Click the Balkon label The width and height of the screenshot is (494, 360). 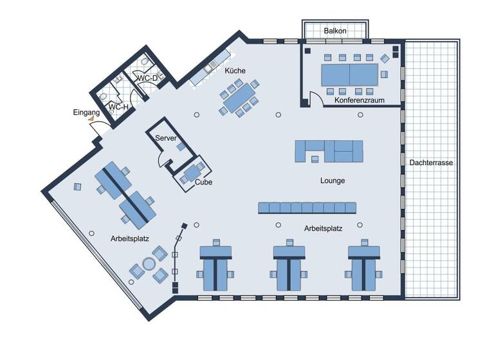click(335, 30)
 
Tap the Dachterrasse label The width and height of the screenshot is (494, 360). click(431, 163)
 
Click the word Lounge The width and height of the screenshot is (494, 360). click(333, 181)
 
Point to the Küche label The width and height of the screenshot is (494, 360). click(235, 71)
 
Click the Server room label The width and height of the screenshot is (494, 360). click(166, 138)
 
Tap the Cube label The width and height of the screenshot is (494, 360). click(203, 182)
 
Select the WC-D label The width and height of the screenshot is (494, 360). click(147, 78)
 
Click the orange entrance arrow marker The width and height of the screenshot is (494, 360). click(91, 119)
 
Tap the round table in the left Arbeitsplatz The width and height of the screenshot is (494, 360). click(149, 264)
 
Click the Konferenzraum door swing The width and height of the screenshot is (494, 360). click(316, 99)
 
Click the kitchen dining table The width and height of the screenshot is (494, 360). click(238, 98)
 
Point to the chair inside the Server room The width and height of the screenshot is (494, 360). click(181, 147)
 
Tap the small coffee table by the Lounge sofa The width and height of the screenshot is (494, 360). click(315, 158)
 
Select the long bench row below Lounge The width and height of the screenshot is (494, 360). click(307, 208)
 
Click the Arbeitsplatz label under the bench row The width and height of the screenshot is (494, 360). click(324, 228)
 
